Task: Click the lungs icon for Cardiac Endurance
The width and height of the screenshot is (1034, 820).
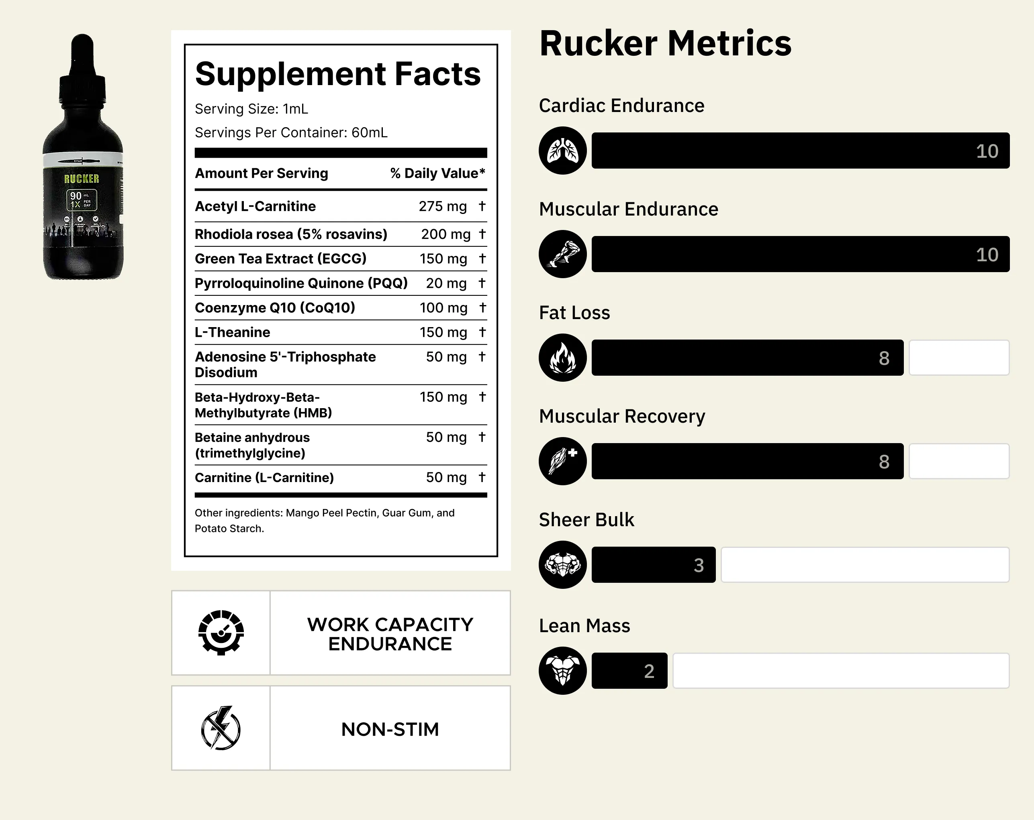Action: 562,151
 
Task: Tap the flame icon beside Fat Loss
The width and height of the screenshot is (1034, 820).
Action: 562,358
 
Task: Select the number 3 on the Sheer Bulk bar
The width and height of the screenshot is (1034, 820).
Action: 699,565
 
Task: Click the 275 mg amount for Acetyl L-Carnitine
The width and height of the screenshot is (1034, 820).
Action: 442,206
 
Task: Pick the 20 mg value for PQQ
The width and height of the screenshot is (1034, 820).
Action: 446,283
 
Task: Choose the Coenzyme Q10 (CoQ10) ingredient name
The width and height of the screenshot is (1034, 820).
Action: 275,308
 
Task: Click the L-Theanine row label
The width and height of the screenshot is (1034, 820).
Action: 232,332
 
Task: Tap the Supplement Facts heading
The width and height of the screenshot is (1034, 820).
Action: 337,74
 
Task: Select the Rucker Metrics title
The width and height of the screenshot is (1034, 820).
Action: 665,43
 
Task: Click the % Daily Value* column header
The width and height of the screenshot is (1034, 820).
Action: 437,173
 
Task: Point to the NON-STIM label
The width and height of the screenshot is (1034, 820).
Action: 390,729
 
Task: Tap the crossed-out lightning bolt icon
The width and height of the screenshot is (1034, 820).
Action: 221,728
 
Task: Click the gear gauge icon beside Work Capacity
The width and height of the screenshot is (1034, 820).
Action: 221,633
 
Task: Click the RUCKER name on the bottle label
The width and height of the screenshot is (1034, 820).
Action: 82,179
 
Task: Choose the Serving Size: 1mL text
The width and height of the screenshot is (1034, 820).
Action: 251,109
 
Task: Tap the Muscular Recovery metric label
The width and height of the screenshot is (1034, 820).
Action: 622,416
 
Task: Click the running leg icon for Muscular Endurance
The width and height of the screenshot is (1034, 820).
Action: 562,254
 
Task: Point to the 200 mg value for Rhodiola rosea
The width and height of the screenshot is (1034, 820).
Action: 445,234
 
